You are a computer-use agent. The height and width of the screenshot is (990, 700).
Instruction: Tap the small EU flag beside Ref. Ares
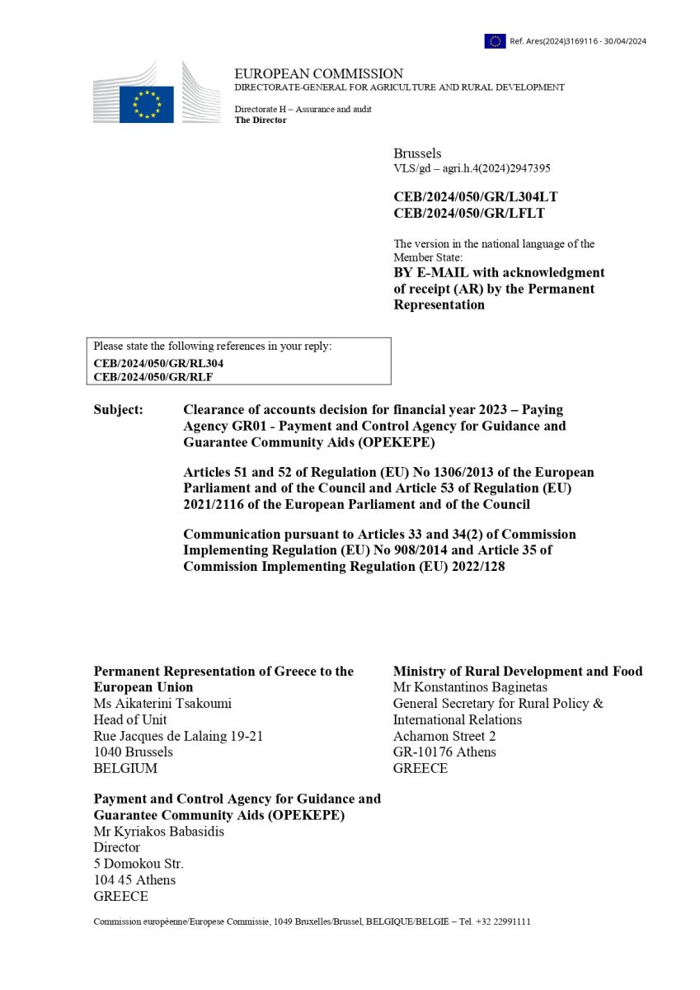coord(495,40)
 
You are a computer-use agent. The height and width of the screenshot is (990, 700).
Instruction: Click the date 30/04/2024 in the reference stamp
coord(622,41)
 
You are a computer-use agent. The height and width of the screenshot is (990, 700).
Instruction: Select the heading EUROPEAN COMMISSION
coord(318,73)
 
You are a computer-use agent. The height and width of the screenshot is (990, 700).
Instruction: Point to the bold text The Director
coord(260,120)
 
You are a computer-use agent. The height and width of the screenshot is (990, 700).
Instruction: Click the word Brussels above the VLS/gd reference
coord(417,153)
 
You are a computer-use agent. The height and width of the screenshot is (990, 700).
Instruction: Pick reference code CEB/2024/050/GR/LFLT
coord(468,214)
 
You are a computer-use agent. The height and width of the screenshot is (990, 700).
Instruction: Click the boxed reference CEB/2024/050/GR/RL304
coord(158,363)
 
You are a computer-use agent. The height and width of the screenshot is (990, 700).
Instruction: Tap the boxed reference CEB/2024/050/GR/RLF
coord(153,377)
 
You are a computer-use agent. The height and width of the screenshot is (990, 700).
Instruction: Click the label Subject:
coord(118,409)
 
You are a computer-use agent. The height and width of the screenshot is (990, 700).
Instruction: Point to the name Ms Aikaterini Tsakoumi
coord(162,703)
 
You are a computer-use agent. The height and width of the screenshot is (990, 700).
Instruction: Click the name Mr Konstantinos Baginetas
coord(470,687)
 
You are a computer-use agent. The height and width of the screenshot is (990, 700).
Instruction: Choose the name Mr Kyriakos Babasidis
coord(159,832)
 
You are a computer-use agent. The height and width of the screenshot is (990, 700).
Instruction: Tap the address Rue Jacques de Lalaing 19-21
coord(178,736)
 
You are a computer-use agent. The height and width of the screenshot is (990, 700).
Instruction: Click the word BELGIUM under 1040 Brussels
coord(125,768)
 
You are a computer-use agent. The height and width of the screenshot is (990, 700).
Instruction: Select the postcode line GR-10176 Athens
coord(444,752)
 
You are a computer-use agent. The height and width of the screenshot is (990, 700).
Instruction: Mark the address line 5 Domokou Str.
coord(139,864)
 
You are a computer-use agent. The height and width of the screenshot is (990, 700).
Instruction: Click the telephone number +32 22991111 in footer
coord(502,922)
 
